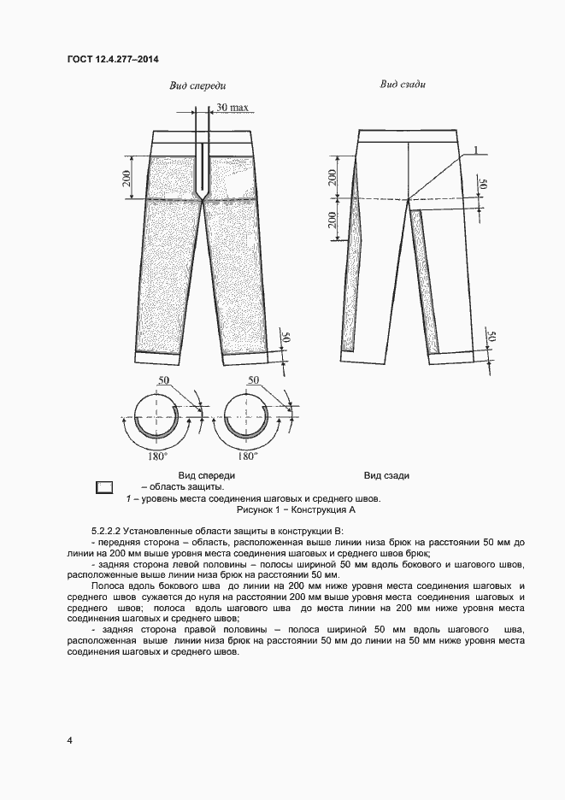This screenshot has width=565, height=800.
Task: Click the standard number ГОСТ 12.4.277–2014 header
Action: [112, 59]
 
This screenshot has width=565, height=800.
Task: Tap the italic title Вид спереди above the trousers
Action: [197, 86]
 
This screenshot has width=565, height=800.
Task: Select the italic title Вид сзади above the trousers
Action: [403, 85]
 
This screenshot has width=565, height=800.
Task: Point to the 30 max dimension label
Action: [232, 108]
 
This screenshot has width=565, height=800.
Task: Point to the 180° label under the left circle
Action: [156, 456]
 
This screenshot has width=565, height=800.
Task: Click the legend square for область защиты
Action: [105, 487]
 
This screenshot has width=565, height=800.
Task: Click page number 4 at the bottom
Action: [69, 740]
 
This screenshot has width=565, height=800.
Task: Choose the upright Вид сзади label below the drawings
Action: [386, 475]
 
